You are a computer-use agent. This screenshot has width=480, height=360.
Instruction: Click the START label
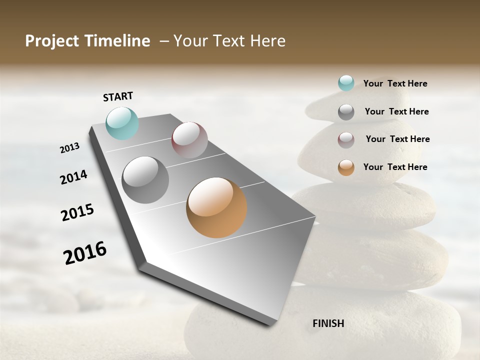[118, 96]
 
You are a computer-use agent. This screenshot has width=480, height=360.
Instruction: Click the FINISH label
[328, 323]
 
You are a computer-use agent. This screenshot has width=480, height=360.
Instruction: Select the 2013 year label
[69, 148]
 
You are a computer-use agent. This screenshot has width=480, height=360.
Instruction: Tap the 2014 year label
[73, 177]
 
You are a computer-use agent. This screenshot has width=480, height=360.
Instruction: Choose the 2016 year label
[85, 252]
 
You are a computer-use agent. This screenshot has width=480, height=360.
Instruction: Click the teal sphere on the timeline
[122, 123]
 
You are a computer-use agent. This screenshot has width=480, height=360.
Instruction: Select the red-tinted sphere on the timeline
[189, 139]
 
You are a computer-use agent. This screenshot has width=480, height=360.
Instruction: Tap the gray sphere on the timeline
[145, 179]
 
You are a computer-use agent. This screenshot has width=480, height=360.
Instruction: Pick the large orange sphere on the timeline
[216, 207]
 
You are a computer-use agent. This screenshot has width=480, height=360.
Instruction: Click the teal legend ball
[346, 83]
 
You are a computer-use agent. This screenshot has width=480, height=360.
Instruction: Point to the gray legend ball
[346, 112]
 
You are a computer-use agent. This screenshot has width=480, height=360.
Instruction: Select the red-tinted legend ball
[346, 139]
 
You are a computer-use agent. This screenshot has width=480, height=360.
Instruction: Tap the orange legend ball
[346, 167]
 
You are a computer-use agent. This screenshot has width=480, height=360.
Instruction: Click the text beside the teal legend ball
[395, 83]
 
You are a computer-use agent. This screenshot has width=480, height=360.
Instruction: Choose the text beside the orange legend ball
[395, 167]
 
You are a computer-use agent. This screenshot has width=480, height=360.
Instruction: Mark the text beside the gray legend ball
[396, 111]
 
